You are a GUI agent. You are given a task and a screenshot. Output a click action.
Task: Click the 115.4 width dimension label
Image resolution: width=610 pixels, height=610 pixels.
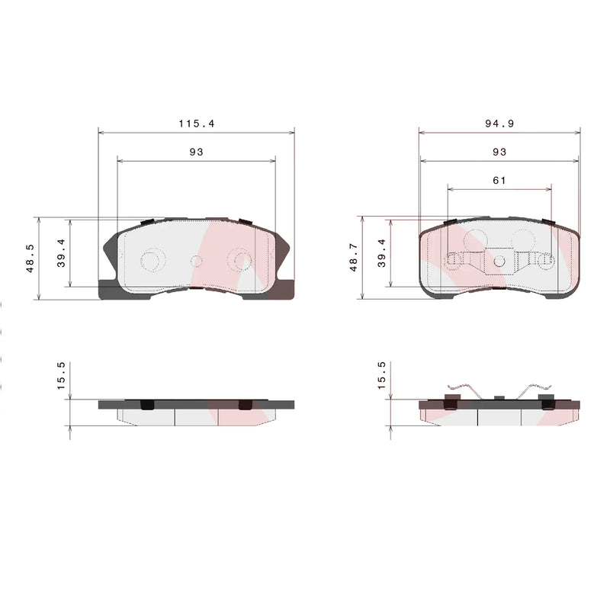click(x=196, y=123)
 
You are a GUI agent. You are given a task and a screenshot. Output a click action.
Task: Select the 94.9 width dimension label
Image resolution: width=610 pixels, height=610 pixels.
click(x=499, y=123)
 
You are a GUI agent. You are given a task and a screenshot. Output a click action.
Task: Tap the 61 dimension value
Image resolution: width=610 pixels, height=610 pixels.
click(x=499, y=180)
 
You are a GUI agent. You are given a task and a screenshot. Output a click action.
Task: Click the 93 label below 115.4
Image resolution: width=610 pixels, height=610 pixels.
click(x=196, y=152)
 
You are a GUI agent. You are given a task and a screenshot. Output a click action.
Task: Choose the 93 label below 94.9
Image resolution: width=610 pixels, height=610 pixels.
click(x=499, y=152)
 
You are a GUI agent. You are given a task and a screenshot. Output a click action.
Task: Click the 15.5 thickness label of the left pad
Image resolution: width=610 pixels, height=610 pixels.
click(x=62, y=376)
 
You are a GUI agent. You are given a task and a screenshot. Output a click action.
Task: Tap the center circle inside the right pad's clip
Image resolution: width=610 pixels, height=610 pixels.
click(x=499, y=262)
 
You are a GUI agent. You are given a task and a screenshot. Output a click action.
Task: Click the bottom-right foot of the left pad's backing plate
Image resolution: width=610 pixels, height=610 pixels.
click(x=284, y=291)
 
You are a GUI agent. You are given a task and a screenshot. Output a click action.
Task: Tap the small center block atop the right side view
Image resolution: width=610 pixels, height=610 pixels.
click(x=499, y=396)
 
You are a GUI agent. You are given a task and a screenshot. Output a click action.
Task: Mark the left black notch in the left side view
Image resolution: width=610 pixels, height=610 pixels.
click(x=148, y=404)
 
